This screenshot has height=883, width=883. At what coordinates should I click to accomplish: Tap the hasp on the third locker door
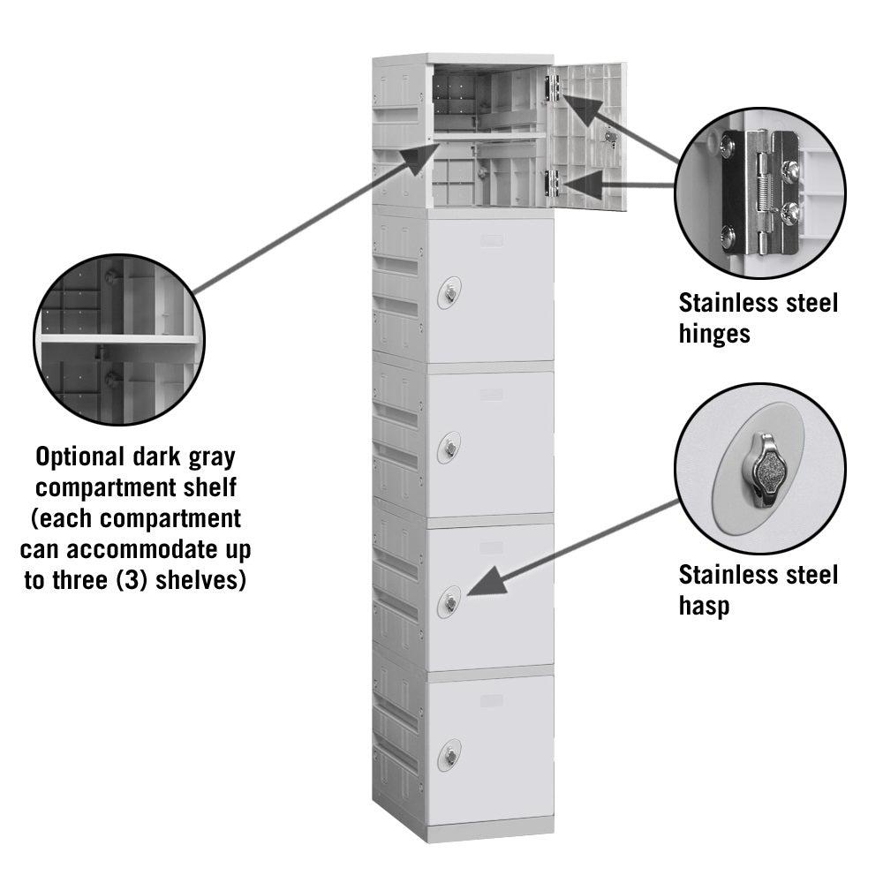coord(451,447)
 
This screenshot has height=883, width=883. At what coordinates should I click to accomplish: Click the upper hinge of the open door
coord(554,87)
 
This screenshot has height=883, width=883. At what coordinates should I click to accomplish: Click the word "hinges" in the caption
coord(715,334)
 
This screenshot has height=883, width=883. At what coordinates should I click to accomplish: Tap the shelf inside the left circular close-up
coord(119,339)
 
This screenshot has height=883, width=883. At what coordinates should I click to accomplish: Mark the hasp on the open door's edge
coord(608,136)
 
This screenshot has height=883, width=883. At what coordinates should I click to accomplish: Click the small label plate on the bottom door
coord(492,699)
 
